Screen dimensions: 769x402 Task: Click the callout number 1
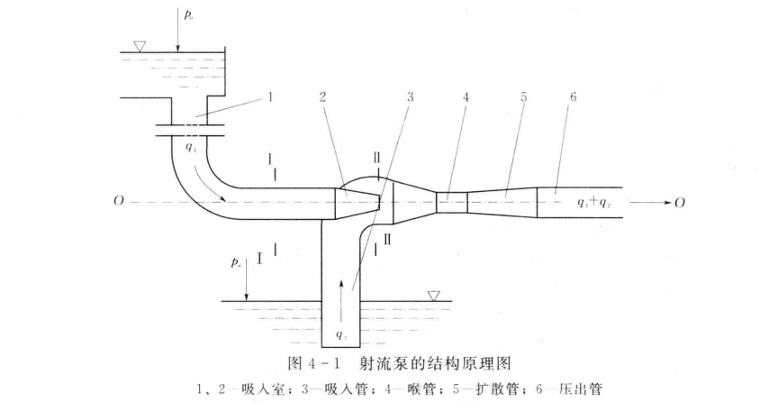click(270, 97)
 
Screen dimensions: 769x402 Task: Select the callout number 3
click(410, 97)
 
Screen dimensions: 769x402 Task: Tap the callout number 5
click(524, 97)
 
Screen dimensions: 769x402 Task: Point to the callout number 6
click(573, 97)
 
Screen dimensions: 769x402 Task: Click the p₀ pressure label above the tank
click(188, 15)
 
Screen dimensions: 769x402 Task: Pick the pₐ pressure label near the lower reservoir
click(236, 263)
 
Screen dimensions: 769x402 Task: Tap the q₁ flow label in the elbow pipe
click(191, 147)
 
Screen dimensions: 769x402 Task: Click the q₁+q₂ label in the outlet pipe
click(594, 202)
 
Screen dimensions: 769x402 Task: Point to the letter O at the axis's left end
click(118, 202)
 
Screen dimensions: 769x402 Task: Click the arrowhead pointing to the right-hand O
click(666, 202)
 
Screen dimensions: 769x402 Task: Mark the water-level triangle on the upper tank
click(140, 47)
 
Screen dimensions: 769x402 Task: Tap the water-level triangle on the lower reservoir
click(433, 296)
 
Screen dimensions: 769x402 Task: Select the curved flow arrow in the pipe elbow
click(210, 186)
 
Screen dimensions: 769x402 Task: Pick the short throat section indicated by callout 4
click(452, 202)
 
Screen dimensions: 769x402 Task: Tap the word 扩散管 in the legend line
click(498, 389)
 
